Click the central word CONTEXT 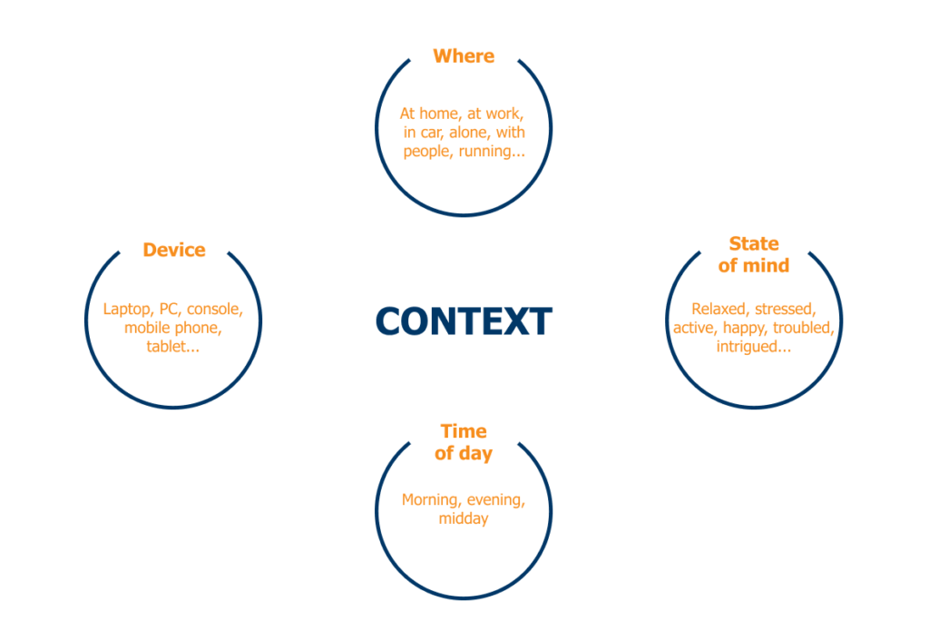(464, 321)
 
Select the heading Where (464, 56)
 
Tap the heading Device (174, 250)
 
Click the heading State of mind (754, 254)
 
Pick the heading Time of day (464, 442)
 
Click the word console (215, 310)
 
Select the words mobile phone (172, 328)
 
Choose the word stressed (785, 310)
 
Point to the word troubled (804, 328)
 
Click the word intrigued (749, 346)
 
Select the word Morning (432, 500)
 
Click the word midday (464, 518)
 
